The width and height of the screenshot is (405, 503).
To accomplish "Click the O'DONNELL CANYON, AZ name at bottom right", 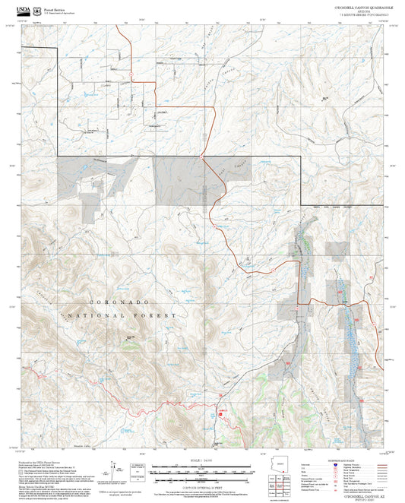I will coord(357,495).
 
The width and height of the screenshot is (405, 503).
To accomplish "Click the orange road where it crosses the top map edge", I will coord(125,24).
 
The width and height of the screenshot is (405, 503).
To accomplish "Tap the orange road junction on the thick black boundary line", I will coord(202,157).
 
